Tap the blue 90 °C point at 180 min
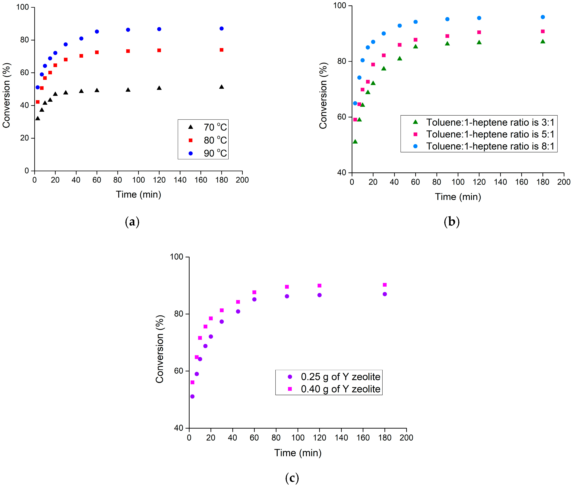(221, 29)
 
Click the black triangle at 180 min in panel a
(221, 87)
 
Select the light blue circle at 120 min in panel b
(479, 18)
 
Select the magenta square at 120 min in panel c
(319, 285)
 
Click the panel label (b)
(451, 222)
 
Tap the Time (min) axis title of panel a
(138, 194)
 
